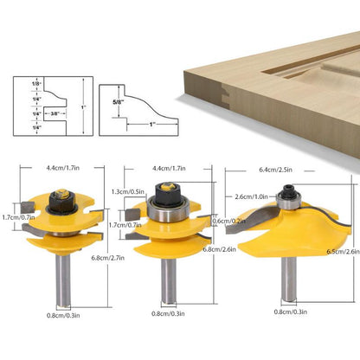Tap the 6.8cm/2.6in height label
219,250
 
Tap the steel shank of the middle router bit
164,290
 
